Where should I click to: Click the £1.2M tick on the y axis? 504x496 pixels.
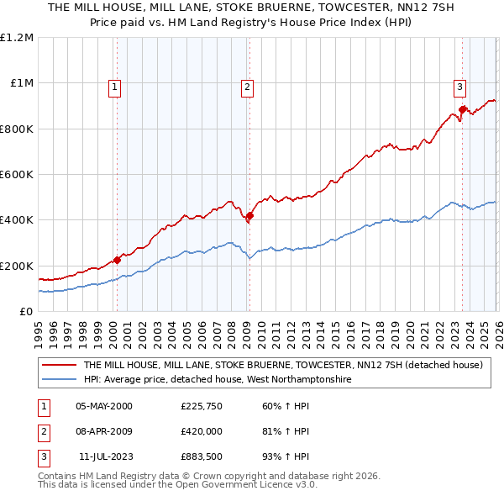[x=17, y=38]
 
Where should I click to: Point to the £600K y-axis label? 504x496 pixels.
[x=17, y=175]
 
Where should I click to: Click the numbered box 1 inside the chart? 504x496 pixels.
[x=113, y=85]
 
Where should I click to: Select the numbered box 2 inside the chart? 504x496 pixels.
[x=247, y=85]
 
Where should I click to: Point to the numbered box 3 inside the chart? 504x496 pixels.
[x=459, y=85]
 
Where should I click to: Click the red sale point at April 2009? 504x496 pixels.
[x=249, y=216]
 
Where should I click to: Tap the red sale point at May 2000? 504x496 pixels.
[x=117, y=260]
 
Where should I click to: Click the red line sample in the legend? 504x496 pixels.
[x=59, y=366]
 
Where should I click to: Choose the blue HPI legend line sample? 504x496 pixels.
[x=59, y=380]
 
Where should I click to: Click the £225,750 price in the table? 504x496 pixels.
[x=200, y=407]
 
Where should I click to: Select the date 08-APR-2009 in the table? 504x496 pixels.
[x=104, y=431]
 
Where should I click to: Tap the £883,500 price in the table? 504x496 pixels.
[x=200, y=456]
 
